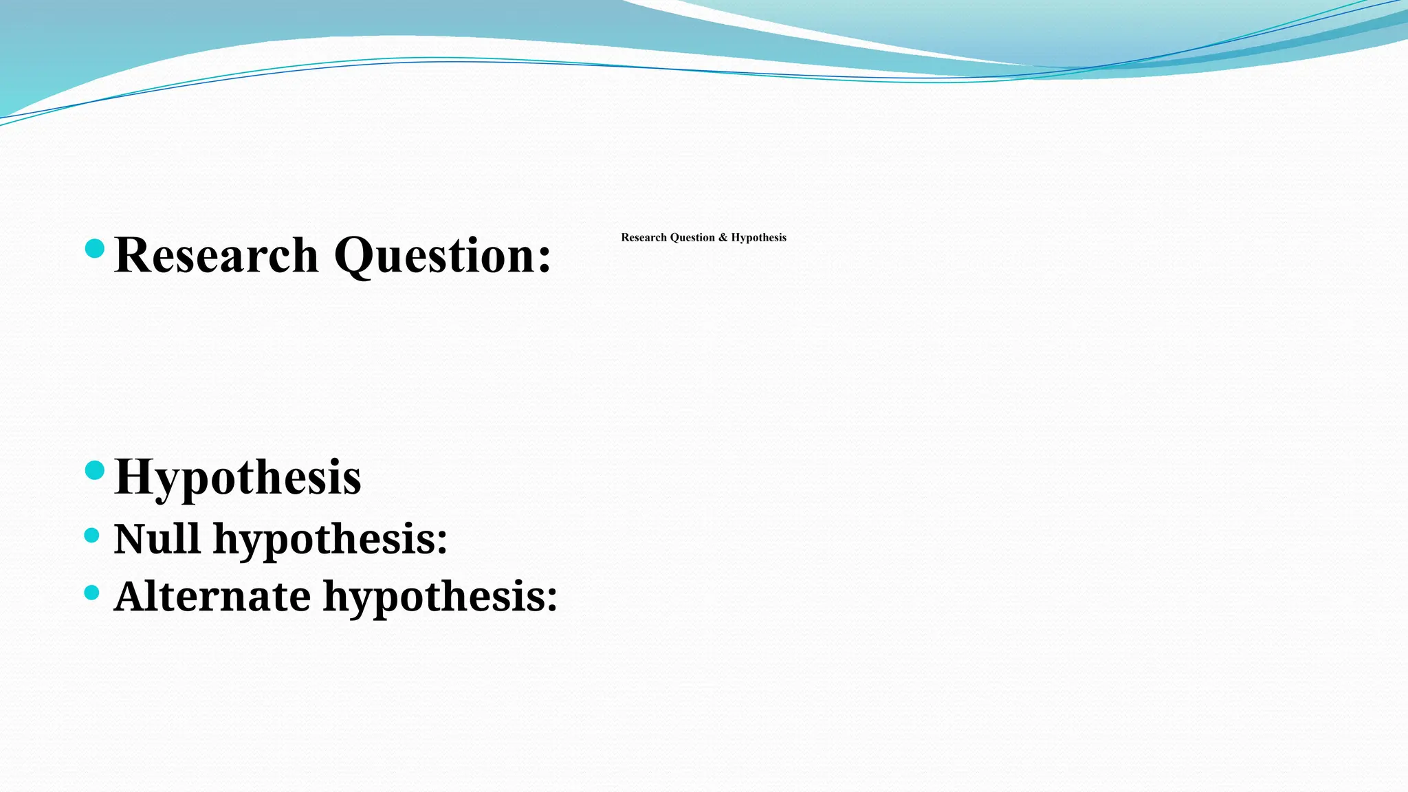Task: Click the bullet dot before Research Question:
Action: tap(95, 248)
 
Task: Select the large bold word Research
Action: tap(217, 255)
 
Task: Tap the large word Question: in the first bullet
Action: tap(442, 255)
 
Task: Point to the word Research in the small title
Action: tap(643, 237)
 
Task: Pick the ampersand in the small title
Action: tap(723, 237)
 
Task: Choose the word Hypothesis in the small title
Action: tap(758, 237)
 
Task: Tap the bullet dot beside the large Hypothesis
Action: tap(95, 470)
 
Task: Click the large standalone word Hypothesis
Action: tap(238, 477)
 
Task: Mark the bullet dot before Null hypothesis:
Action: tap(92, 535)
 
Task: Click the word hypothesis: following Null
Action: tap(330, 539)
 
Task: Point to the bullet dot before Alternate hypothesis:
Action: tap(92, 592)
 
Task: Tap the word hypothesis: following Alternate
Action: tap(440, 597)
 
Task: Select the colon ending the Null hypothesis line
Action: tap(441, 542)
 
